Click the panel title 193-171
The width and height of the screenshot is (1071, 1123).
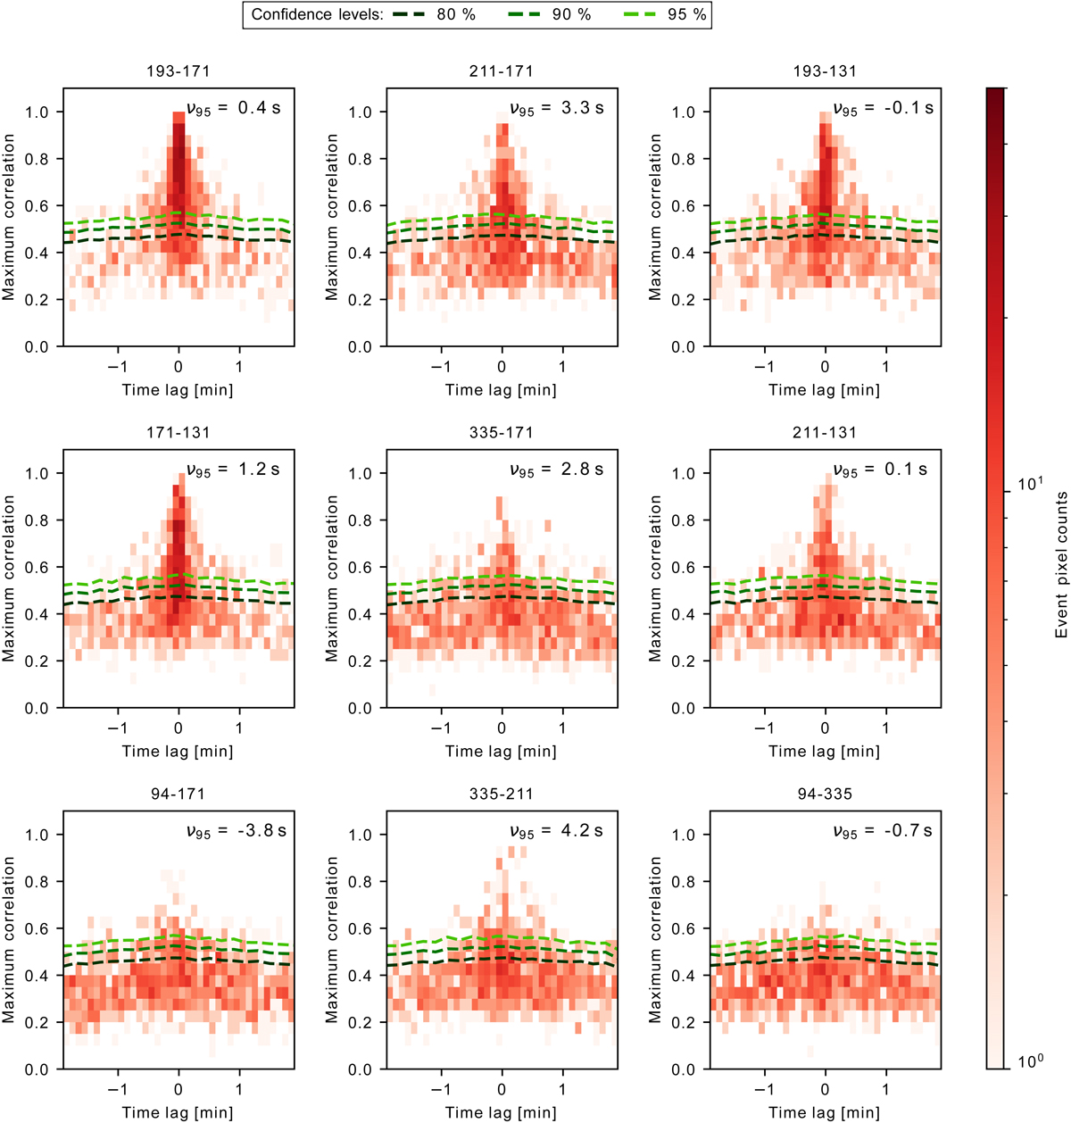(178, 71)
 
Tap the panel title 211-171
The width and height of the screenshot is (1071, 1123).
(502, 71)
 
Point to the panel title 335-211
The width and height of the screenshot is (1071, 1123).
(502, 794)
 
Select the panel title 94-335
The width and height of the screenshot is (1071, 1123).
(825, 794)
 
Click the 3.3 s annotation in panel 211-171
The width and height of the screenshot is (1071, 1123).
(581, 108)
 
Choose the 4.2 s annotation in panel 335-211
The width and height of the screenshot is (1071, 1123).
(581, 831)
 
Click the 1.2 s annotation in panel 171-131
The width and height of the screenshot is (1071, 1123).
(258, 470)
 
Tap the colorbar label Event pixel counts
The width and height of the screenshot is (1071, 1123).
(1061, 564)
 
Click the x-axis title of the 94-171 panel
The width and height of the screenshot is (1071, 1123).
(178, 1112)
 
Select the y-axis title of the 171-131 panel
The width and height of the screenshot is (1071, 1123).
(10, 578)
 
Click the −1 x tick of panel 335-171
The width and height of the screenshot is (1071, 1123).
(441, 728)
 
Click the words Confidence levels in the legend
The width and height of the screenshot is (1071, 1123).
(317, 15)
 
